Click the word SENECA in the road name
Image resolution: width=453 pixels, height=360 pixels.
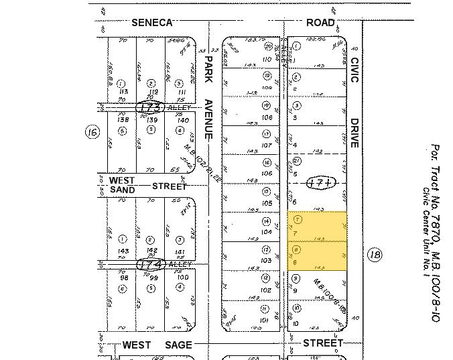click(152, 22)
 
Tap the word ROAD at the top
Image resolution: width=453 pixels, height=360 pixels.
click(320, 22)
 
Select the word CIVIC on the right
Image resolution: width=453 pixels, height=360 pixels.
click(354, 70)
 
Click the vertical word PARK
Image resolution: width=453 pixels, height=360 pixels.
click(208, 69)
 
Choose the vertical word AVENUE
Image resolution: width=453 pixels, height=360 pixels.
click(208, 119)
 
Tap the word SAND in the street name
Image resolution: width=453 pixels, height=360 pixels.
click(122, 190)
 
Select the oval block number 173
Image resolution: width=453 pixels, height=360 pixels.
click(149, 107)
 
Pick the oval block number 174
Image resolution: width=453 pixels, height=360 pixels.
click(151, 264)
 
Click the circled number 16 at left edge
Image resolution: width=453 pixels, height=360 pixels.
click(92, 132)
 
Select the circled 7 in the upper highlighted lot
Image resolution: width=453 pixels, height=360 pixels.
click(298, 219)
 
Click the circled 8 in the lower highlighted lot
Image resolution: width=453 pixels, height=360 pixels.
click(298, 249)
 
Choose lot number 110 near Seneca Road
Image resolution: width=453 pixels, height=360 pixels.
click(268, 59)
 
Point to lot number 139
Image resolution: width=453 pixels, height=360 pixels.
click(151, 119)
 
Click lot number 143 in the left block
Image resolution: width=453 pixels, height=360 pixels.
click(123, 251)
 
